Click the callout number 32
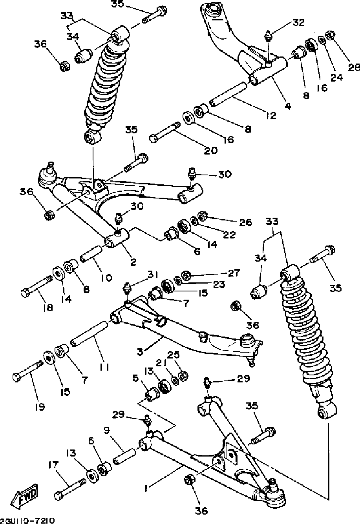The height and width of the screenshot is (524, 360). coord(298,23)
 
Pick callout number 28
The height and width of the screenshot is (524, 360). coord(354,67)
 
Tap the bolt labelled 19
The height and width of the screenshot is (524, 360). coord(27,371)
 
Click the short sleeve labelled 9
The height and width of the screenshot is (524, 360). coord(125,455)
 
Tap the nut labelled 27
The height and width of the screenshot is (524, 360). coord(186,274)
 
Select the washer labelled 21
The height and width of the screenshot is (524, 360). coord(174,381)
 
